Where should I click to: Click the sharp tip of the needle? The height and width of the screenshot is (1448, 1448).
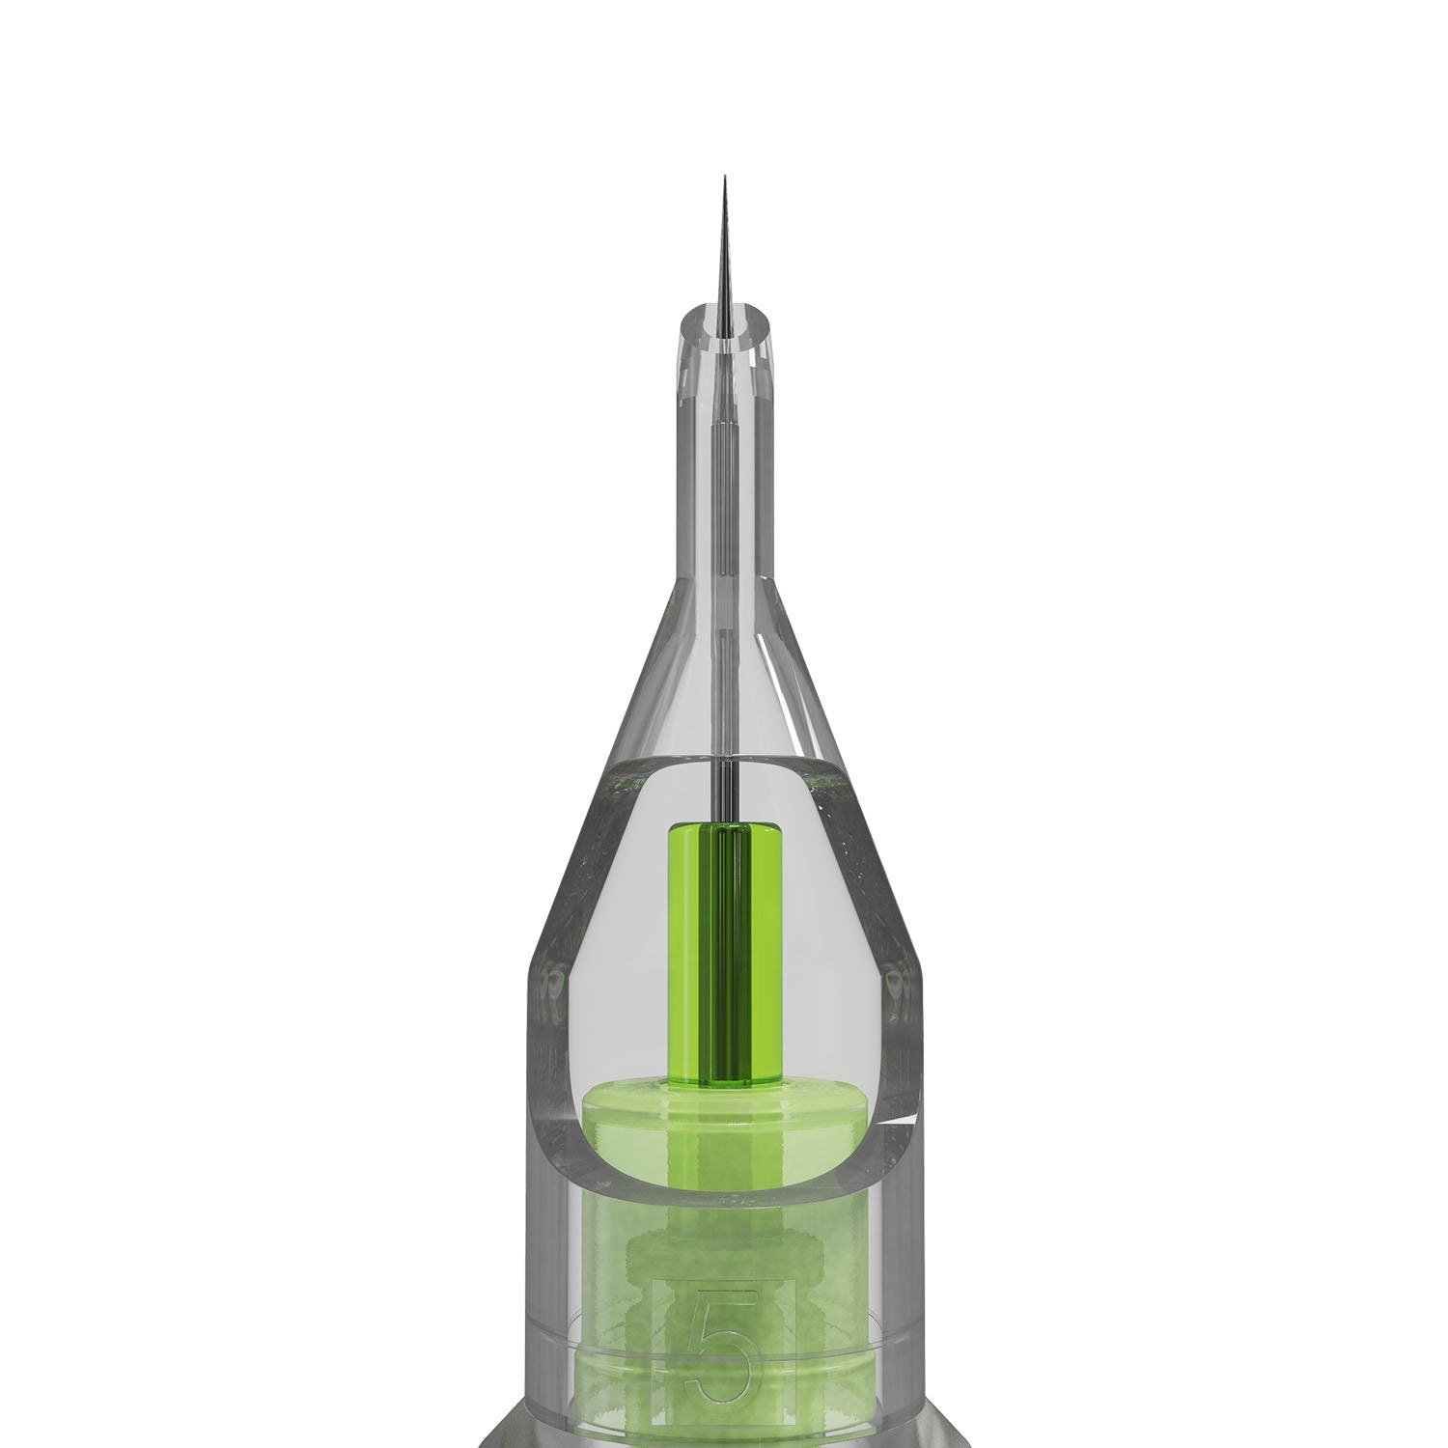[x=724, y=179]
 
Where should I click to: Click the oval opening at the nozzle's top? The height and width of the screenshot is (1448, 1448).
[x=724, y=322]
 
